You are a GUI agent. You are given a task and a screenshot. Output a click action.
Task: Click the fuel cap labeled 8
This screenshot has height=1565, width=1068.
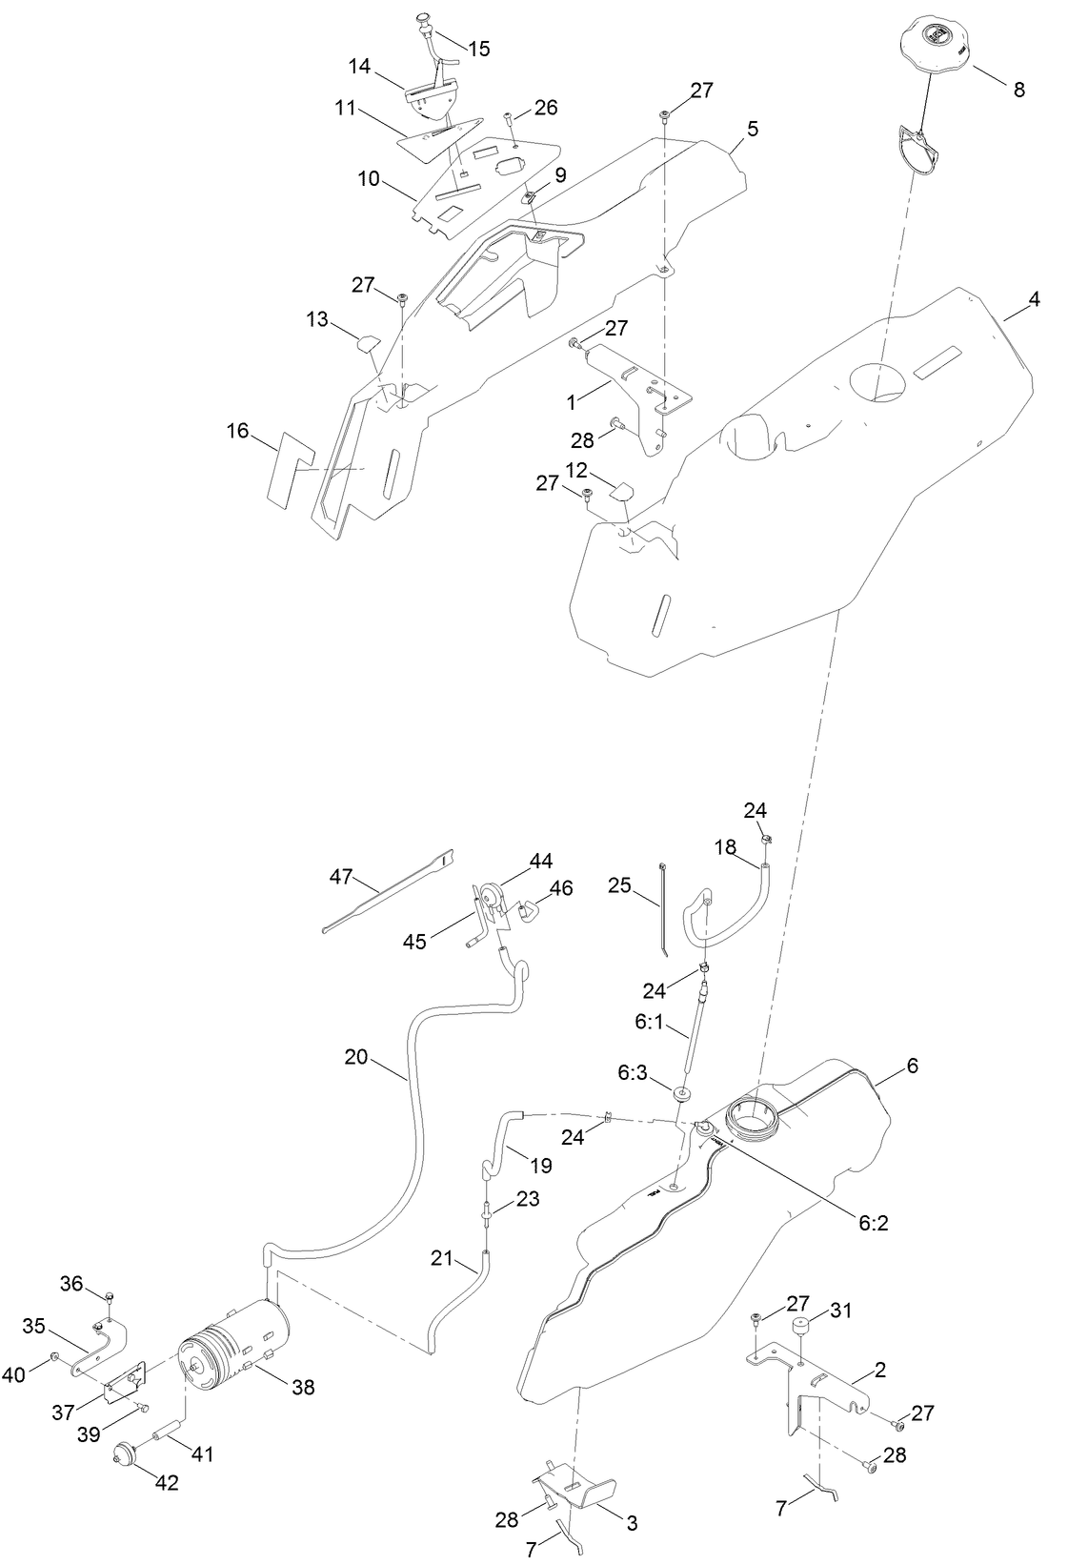point(937,42)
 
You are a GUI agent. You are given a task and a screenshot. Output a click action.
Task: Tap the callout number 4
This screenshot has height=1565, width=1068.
point(1034,299)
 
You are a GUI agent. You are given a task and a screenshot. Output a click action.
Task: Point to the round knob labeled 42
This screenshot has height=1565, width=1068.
point(122,1454)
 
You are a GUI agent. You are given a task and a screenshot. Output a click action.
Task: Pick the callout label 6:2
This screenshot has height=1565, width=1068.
point(873,1223)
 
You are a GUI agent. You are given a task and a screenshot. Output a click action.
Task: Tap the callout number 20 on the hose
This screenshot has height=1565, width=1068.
point(356,1057)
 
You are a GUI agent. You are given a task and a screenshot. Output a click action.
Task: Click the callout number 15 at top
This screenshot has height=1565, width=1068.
point(479,49)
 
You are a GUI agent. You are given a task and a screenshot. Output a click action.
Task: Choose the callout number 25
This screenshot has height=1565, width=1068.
point(620,886)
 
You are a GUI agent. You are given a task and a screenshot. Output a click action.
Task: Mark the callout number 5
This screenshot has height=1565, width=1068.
point(753,130)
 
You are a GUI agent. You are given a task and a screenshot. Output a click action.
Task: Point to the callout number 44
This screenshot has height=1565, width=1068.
point(541,862)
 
